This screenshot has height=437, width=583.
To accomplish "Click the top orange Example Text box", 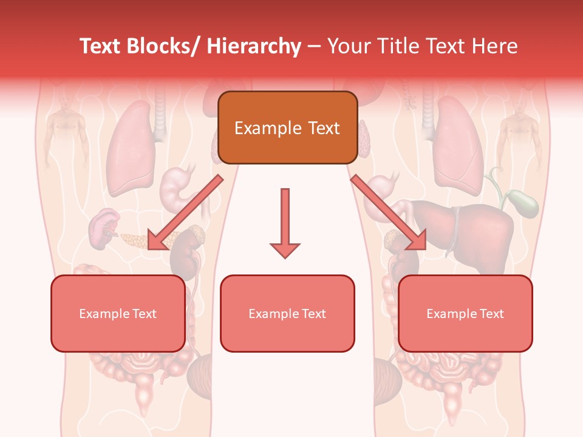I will tap(287, 127).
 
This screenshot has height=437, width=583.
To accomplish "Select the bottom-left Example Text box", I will tap(118, 313).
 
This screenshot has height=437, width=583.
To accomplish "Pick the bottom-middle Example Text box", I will tap(287, 313).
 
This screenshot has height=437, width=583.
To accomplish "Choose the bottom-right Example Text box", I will tap(465, 313).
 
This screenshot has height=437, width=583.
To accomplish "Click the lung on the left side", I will tap(131, 146).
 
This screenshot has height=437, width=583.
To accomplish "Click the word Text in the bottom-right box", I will tap(491, 314).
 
